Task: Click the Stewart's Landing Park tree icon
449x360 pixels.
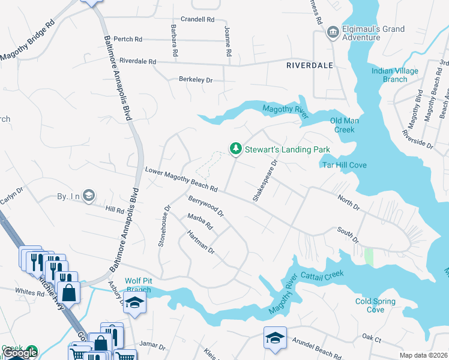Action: click(236, 148)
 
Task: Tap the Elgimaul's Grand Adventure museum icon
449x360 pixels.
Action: click(332, 32)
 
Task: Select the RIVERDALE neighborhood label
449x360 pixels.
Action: click(309, 65)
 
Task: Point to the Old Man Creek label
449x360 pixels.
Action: click(345, 125)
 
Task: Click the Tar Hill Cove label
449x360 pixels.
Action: click(345, 165)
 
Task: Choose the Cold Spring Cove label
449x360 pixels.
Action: click(375, 305)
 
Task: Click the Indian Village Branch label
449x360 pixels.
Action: click(394, 75)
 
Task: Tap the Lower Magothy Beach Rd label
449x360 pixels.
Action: click(181, 181)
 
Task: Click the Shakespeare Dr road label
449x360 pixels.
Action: click(265, 180)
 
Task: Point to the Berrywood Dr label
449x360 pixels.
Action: click(206, 205)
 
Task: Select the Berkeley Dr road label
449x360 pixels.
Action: click(196, 79)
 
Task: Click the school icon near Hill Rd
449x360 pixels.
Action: click(88, 195)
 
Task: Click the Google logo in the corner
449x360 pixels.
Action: click(20, 353)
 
